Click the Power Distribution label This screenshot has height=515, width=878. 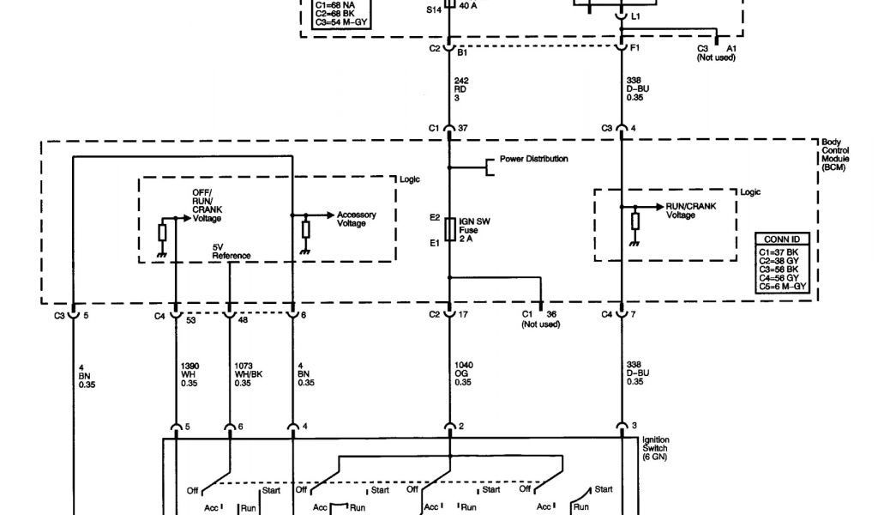click(532, 159)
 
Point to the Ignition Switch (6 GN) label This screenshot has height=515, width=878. click(658, 448)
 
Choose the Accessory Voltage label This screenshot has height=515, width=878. click(356, 219)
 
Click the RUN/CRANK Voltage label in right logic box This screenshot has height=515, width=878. click(690, 210)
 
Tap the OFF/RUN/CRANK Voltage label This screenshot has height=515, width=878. click(207, 205)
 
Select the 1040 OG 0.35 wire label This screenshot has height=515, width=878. click(464, 373)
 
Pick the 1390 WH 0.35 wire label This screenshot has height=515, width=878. click(189, 373)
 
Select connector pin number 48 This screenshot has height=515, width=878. click(244, 321)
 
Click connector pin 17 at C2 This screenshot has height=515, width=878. click(464, 315)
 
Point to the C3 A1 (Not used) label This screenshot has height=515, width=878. click(717, 52)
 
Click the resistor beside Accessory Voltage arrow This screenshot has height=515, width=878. click(305, 229)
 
